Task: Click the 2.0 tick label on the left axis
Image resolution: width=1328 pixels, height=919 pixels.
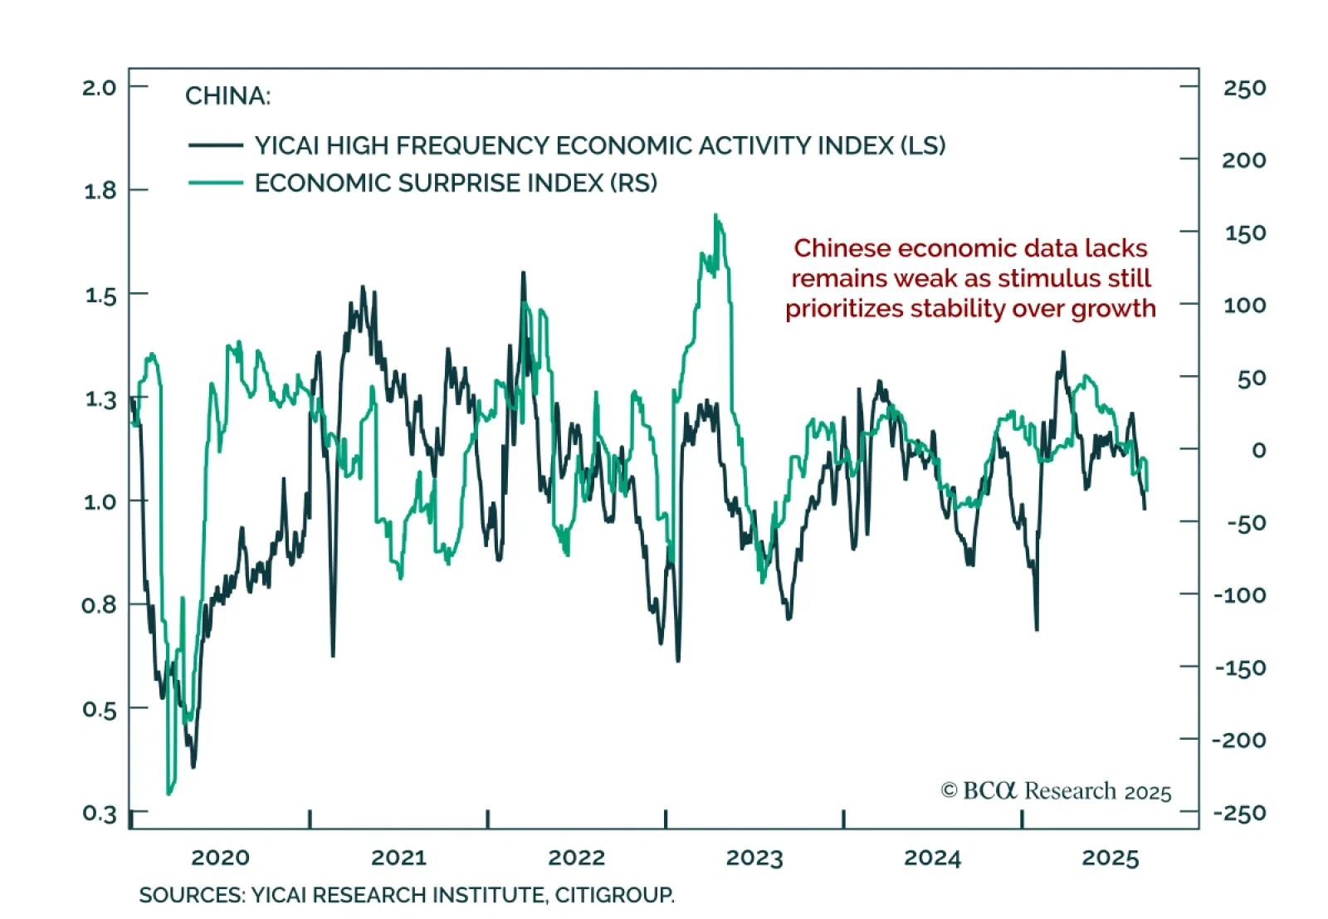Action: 99,87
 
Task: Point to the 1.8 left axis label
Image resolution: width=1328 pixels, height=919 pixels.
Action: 99,191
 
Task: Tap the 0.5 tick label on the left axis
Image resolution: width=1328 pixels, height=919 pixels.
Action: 99,710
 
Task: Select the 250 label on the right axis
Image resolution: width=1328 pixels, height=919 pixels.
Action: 1244,88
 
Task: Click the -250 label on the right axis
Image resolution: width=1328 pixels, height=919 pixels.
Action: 1239,813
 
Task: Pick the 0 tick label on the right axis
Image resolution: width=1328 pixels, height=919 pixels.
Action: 1258,450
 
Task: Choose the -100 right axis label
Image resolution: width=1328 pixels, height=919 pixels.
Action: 1239,595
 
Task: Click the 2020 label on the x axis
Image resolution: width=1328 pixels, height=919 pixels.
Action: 220,858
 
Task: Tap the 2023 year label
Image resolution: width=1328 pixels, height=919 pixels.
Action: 754,858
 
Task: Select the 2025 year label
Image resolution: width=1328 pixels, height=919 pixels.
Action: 1110,858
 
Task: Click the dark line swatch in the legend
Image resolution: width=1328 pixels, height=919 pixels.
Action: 215,145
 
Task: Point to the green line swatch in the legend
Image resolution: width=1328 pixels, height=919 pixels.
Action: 215,183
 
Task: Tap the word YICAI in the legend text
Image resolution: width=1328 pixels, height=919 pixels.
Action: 286,146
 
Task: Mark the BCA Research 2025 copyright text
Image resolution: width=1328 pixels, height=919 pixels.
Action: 1056,791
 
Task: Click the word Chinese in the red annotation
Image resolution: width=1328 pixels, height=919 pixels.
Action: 842,248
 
